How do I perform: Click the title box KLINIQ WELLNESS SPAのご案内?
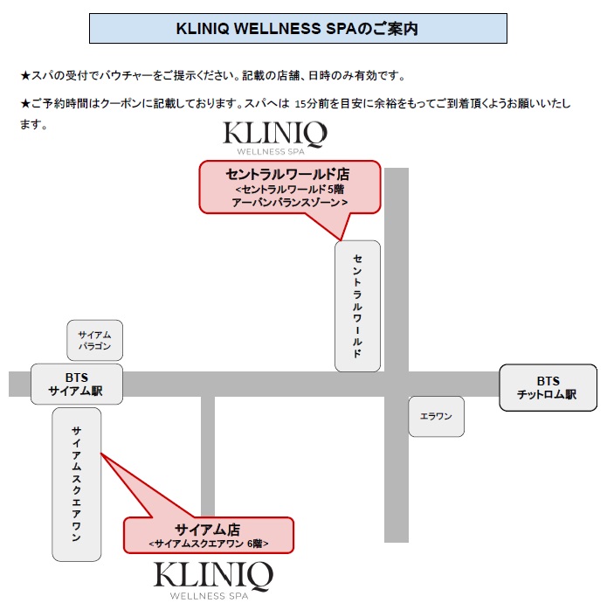[x=298, y=29]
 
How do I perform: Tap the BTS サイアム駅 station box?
[x=77, y=385]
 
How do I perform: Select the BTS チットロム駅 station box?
[x=548, y=387]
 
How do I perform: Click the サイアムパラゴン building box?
[x=95, y=340]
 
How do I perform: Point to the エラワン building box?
[x=436, y=416]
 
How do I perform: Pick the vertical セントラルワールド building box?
[x=358, y=306]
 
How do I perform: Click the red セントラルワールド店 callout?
[x=290, y=187]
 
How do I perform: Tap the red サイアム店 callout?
[x=208, y=535]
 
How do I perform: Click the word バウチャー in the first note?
[x=128, y=76]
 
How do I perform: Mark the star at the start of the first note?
[x=25, y=76]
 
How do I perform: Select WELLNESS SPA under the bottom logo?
[x=214, y=598]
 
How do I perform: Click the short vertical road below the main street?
[x=207, y=454]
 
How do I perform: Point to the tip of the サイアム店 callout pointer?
[x=101, y=454]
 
